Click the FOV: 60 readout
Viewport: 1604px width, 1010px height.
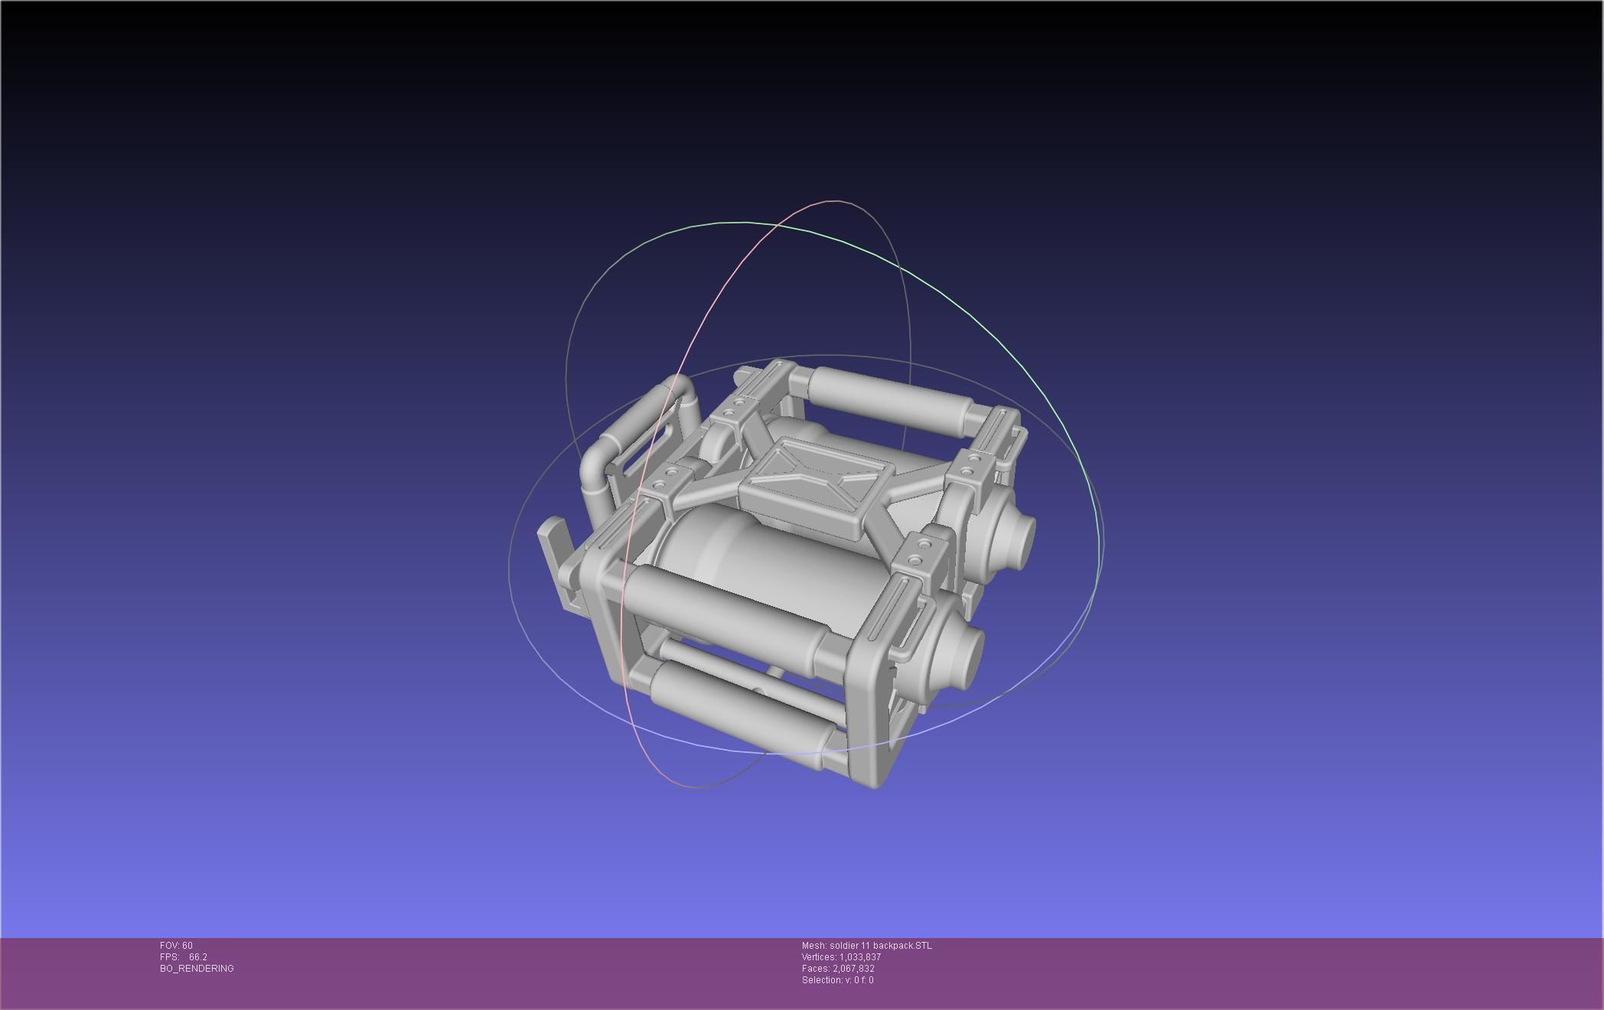pyautogui.click(x=176, y=946)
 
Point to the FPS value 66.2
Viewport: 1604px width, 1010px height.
pyautogui.click(x=198, y=957)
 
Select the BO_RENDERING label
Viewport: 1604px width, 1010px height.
pyautogui.click(x=197, y=969)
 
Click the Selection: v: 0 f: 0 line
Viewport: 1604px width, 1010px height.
pyautogui.click(x=837, y=980)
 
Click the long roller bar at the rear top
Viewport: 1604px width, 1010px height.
pyautogui.click(x=888, y=398)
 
